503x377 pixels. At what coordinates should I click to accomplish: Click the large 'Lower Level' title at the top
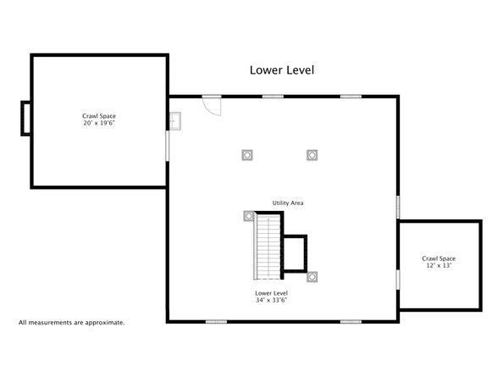tap(281, 70)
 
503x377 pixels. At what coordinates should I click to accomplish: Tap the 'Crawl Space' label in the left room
tap(99, 116)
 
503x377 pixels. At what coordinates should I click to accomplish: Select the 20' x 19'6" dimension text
tap(99, 124)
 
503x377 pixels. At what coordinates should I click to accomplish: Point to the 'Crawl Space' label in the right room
tap(439, 258)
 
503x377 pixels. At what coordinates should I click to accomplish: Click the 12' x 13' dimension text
tap(439, 266)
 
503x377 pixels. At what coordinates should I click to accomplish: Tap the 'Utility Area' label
tap(288, 203)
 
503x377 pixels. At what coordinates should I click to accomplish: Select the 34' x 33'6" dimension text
tap(271, 300)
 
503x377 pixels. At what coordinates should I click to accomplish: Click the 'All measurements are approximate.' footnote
tap(72, 323)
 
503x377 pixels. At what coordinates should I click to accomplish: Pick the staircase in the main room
tap(268, 247)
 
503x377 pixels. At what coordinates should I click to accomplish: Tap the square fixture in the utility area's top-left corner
tap(175, 122)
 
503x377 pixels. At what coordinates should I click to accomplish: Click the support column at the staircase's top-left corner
tap(249, 217)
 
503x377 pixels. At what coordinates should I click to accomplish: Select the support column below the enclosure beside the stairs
tap(312, 277)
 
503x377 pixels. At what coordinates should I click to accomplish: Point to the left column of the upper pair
tap(247, 155)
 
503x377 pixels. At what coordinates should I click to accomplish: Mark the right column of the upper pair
tap(312, 155)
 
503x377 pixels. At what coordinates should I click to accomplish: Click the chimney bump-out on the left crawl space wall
tap(26, 118)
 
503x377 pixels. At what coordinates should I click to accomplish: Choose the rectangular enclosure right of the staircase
tap(294, 253)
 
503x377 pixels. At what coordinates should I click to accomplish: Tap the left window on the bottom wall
tap(216, 321)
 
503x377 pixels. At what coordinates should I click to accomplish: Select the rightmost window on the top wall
tap(351, 96)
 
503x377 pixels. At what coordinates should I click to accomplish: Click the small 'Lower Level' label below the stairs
tap(271, 292)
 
